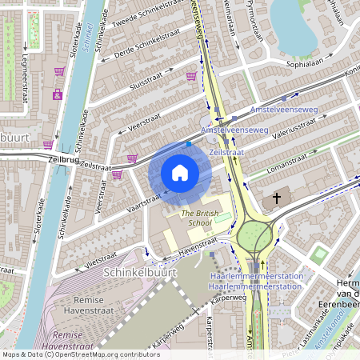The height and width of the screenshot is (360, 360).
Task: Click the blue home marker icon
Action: tap(180, 173)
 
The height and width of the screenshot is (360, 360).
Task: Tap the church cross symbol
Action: tap(277, 198)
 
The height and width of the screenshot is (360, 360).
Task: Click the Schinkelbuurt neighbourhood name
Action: tap(134, 273)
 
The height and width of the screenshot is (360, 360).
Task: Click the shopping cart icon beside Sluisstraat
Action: tap(191, 77)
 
